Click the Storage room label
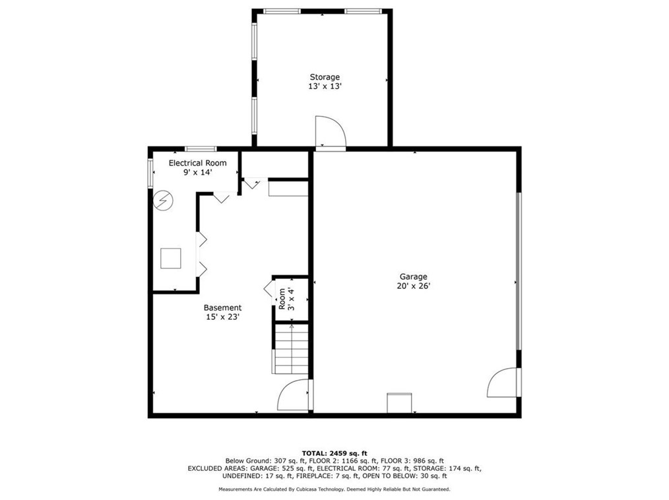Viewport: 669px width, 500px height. point(325,77)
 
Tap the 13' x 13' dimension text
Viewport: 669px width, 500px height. point(325,86)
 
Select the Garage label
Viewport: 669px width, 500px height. point(414,277)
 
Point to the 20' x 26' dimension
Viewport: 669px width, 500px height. point(414,286)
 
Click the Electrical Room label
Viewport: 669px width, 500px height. point(197,163)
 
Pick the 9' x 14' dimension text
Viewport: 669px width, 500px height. point(197,172)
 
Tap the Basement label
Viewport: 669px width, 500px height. point(223,307)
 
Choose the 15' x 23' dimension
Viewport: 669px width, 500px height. point(223,317)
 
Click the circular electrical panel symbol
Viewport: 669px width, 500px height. point(163,200)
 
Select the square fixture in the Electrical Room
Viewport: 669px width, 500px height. point(171,258)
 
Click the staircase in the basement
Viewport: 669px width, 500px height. point(290,349)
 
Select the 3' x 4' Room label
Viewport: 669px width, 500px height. point(287,299)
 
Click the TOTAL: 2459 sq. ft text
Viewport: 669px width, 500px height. point(334,454)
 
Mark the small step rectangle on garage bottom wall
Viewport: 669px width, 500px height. point(399,403)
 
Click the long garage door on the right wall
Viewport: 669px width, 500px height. point(519,271)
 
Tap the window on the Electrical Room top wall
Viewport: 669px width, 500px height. point(201,149)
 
